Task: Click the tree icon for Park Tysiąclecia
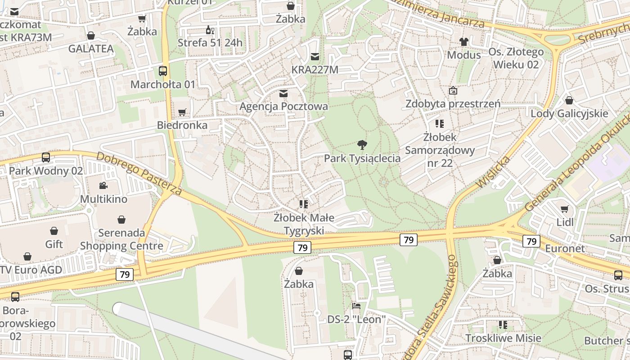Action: pyautogui.click(x=362, y=144)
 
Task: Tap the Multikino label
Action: pyautogui.click(x=103, y=199)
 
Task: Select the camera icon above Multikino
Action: pyautogui.click(x=103, y=185)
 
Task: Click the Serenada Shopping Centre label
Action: pyautogui.click(x=121, y=239)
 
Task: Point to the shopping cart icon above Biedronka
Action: pyautogui.click(x=182, y=112)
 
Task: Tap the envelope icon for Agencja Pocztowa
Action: pyautogui.click(x=283, y=94)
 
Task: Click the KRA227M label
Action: pyautogui.click(x=315, y=70)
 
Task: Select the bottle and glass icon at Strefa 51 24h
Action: pyautogui.click(x=210, y=30)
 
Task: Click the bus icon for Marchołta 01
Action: pyautogui.click(x=163, y=71)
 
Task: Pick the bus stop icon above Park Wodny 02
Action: pyautogui.click(x=46, y=157)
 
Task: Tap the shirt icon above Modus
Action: pyautogui.click(x=463, y=42)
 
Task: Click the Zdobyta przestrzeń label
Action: pyautogui.click(x=453, y=104)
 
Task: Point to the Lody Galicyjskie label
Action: pyautogui.click(x=569, y=113)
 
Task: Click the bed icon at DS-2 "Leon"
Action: pyautogui.click(x=356, y=306)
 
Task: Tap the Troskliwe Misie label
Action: pyautogui.click(x=503, y=338)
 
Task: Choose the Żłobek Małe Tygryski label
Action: pyautogui.click(x=304, y=224)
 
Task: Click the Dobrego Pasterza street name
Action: pyautogui.click(x=139, y=174)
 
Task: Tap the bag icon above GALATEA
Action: pyautogui.click(x=91, y=36)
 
